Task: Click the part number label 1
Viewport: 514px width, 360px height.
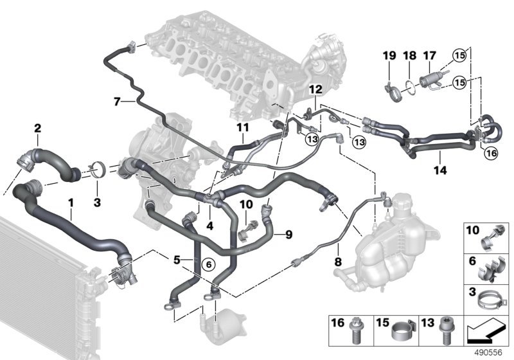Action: pos(71,203)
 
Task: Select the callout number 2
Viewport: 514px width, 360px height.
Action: pos(37,129)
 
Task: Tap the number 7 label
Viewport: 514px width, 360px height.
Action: pos(116,101)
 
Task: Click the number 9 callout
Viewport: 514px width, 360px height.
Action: pos(288,235)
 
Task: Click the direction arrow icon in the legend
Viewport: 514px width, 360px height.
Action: pos(486,332)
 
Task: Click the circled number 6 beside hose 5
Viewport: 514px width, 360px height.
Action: pos(206,264)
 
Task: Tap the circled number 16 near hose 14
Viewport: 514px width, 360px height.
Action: pos(490,153)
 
